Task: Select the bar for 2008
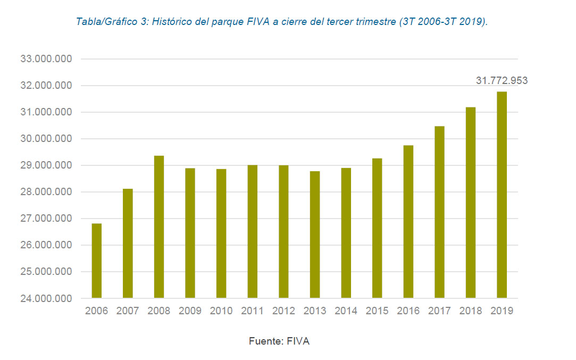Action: (x=159, y=227)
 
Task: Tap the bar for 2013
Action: (x=315, y=235)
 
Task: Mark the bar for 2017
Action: (x=439, y=212)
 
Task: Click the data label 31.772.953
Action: (x=502, y=81)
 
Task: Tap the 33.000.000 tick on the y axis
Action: (x=46, y=59)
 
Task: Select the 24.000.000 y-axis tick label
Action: (x=46, y=298)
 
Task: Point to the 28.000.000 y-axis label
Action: (x=46, y=192)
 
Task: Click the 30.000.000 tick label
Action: (x=46, y=139)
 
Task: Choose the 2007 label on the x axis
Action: (x=128, y=311)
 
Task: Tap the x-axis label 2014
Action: (x=346, y=311)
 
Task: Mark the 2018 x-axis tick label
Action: (x=470, y=311)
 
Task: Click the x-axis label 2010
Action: (x=221, y=311)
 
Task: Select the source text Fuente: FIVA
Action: (x=279, y=341)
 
